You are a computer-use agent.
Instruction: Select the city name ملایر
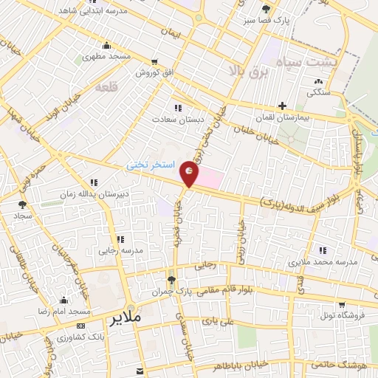(x=126, y=320)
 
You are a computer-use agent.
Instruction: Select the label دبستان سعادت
(x=173, y=118)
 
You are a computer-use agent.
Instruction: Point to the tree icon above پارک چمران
(x=171, y=280)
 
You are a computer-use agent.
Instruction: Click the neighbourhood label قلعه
(x=106, y=87)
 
